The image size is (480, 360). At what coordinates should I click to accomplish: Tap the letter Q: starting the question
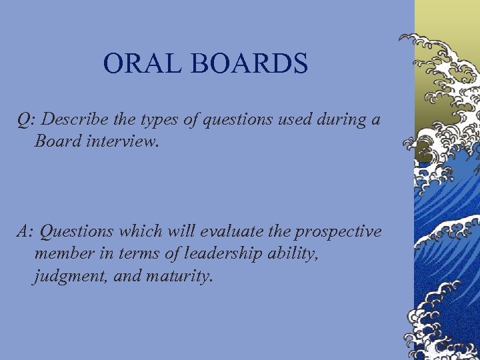click(26, 121)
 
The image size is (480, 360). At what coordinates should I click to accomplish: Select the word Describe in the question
click(72, 120)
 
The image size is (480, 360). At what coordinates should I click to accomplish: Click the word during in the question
click(339, 120)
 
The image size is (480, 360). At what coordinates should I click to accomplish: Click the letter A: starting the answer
click(25, 231)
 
